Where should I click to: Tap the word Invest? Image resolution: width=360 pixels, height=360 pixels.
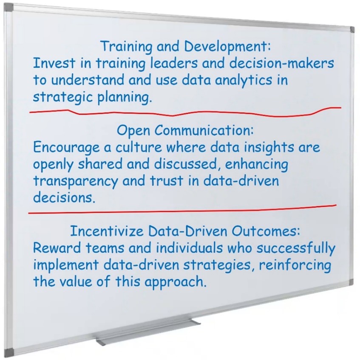click(x=54, y=63)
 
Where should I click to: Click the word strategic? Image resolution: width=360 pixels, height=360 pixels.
click(x=63, y=97)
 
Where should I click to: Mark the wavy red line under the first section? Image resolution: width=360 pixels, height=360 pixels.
click(x=185, y=112)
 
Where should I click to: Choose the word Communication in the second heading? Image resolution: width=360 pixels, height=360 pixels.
click(x=204, y=130)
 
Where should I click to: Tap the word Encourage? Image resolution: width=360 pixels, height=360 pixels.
click(x=66, y=148)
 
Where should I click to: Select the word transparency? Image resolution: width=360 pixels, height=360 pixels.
click(x=75, y=181)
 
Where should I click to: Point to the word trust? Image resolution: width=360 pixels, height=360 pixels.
click(x=167, y=180)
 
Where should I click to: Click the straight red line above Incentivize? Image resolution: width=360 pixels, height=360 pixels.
click(x=182, y=209)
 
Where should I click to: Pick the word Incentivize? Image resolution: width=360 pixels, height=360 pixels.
click(x=107, y=231)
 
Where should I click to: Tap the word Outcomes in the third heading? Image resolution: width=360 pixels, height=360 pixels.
click(x=266, y=231)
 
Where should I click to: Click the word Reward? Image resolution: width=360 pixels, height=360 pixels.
click(x=57, y=248)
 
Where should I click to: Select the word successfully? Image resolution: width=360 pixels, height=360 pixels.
click(x=296, y=248)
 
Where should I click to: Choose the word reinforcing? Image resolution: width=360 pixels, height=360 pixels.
click(x=295, y=265)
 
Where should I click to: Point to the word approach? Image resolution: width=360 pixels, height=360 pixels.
click(x=175, y=282)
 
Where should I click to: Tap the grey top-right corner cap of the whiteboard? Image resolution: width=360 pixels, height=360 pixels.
click(x=352, y=29)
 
